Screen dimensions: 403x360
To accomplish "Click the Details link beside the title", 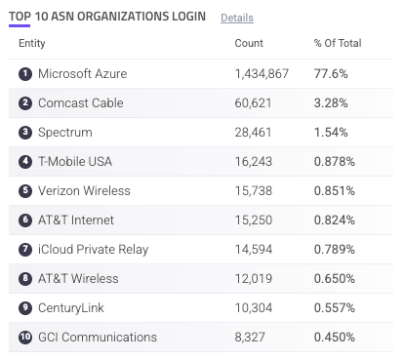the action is (x=237, y=18).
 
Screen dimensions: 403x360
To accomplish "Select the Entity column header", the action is (x=32, y=43).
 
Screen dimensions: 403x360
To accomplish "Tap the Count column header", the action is (x=249, y=43).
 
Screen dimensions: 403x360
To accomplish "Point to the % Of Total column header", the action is (x=338, y=43).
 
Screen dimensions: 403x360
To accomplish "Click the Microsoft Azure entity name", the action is (x=83, y=74).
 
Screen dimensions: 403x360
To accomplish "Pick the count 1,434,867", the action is (x=262, y=74).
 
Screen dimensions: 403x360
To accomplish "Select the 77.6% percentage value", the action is (x=331, y=74).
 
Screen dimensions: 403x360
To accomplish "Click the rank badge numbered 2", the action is (x=25, y=103).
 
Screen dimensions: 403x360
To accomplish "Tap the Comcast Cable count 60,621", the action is (x=253, y=103).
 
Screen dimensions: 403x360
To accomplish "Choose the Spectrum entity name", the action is (x=65, y=133).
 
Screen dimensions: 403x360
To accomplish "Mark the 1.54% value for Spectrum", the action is (x=331, y=133).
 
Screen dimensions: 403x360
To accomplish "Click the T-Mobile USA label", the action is (x=75, y=162).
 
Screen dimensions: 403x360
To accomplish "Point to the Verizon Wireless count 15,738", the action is (x=254, y=191).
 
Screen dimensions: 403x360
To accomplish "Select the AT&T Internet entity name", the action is (x=76, y=220).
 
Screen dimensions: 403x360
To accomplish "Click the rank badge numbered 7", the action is (x=25, y=250).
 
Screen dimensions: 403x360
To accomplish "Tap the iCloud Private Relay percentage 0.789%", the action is (x=335, y=250).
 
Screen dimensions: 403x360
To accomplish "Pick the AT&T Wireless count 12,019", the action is (x=254, y=279).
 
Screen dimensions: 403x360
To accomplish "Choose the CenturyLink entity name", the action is (x=71, y=308).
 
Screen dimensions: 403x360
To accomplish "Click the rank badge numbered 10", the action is (x=25, y=338).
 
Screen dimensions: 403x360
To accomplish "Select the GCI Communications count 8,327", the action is (x=250, y=338).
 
